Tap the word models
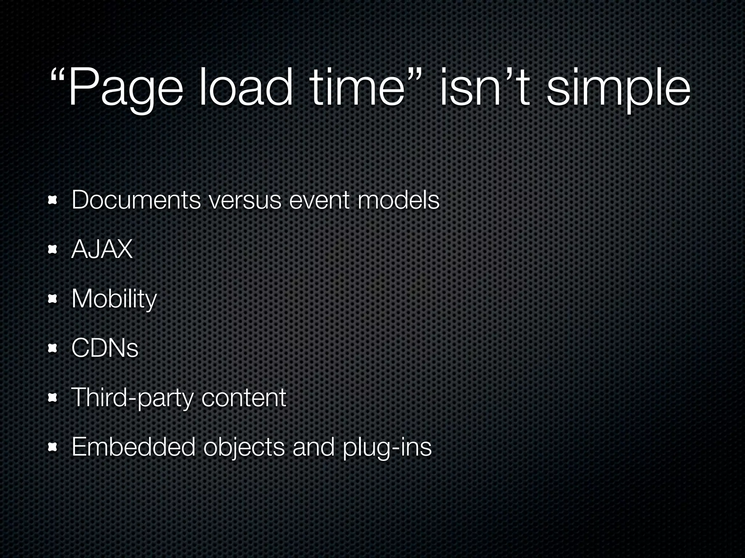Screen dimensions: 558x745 coord(398,200)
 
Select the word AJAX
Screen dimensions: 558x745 coord(102,250)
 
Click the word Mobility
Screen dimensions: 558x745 coord(114,299)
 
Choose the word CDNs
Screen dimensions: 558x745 coord(105,348)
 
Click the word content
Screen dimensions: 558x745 coord(244,398)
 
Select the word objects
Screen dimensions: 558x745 coord(244,447)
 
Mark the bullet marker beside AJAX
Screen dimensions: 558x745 coord(53,249)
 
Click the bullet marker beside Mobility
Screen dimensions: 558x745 coord(53,299)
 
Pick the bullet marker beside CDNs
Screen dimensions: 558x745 coord(53,348)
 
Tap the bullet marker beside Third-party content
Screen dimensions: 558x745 coord(53,398)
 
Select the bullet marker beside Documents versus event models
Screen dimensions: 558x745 coord(53,200)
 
